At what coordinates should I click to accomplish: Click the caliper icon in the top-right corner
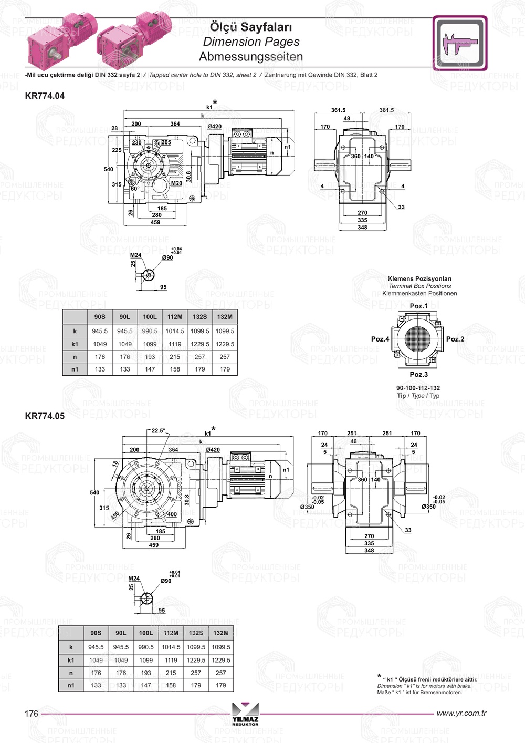460,43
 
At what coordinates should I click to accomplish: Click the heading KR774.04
45,96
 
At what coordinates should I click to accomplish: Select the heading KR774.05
45,416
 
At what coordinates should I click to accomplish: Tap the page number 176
31,713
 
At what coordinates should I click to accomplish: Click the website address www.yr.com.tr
461,713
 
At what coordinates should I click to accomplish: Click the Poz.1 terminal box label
418,306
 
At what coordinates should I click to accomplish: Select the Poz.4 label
380,339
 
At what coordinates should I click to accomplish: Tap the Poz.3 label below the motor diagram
418,374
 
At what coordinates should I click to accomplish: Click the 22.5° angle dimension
158,431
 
